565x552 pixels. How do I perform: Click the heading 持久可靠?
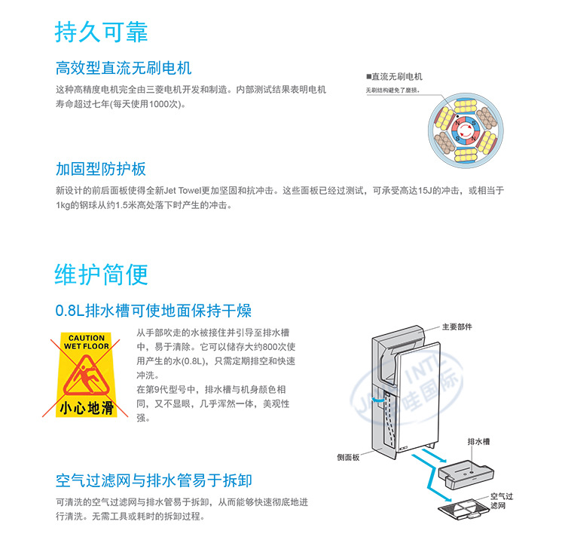tap(102, 32)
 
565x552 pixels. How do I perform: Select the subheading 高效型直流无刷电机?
tap(124, 70)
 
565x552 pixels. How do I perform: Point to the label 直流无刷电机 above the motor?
tap(396, 77)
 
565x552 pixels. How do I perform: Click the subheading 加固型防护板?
tap(101, 169)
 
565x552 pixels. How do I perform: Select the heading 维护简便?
tap(102, 274)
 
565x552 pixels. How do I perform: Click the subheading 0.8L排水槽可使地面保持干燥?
tap(154, 311)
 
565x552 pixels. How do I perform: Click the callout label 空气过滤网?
tap(501, 501)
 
